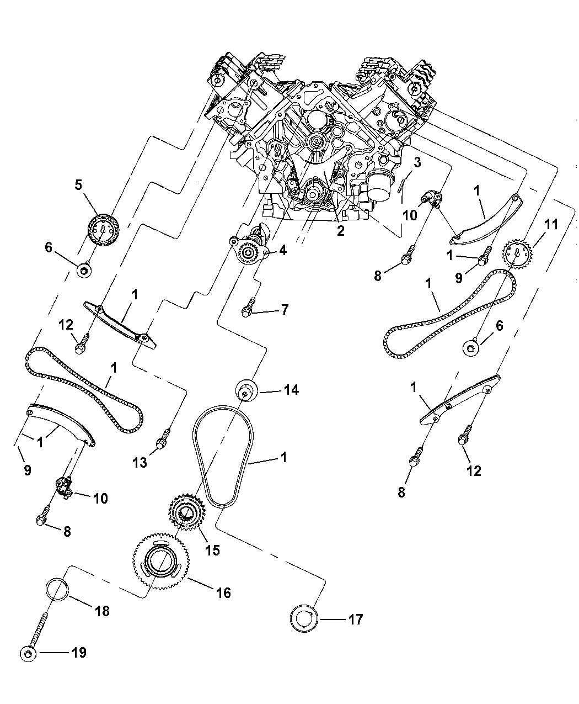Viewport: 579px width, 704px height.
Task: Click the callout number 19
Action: tap(79, 653)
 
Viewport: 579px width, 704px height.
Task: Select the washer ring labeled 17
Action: tap(304, 620)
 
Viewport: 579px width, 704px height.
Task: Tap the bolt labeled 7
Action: tap(249, 307)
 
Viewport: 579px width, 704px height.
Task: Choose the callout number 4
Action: tap(282, 251)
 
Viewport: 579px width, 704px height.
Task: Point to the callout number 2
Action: tap(340, 231)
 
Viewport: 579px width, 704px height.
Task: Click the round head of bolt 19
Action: tap(29, 654)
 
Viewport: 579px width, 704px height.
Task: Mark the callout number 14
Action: tap(291, 390)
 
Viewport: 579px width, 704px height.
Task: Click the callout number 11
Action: tap(551, 225)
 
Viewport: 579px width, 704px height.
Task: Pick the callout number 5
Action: tap(78, 185)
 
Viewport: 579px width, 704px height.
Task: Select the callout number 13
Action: tap(140, 463)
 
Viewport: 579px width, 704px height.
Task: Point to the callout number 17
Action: tap(356, 620)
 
